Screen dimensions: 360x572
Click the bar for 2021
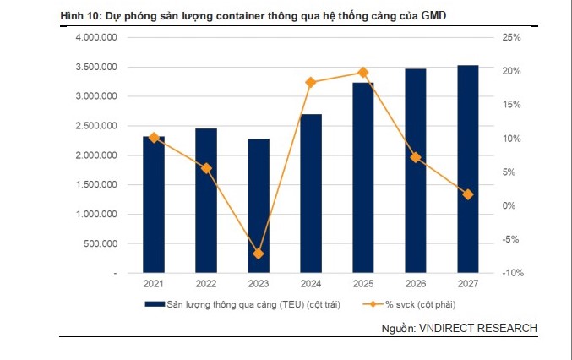point(154,205)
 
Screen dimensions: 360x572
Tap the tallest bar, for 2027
point(467,169)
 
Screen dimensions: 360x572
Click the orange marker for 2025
point(363,73)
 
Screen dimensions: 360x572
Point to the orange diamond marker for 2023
point(259,254)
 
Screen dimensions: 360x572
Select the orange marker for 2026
point(416,157)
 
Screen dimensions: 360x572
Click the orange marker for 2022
point(206,168)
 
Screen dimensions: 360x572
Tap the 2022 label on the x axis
point(206,285)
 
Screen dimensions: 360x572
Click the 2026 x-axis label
point(416,285)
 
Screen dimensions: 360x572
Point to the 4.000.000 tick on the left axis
point(96,38)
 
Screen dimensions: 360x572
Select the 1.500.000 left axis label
point(96,185)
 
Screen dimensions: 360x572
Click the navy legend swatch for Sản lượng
point(153,304)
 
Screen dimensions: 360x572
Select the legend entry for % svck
point(414,304)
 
